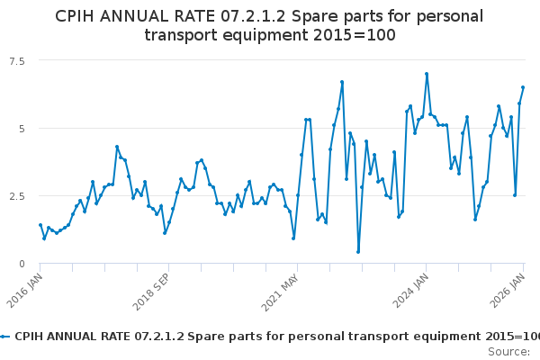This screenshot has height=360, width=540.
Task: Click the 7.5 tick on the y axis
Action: coord(16,60)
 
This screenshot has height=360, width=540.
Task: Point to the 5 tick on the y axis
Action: coord(20,128)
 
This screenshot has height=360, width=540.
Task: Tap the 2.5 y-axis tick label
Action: coord(16,195)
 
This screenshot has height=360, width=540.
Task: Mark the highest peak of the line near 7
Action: coord(427,74)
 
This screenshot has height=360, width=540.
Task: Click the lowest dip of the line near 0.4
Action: coord(358,252)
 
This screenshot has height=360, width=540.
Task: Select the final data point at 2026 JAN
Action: coord(523,87)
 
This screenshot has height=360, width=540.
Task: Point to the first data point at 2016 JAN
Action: coord(40,225)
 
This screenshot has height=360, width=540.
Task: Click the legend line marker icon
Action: coord(5,336)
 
